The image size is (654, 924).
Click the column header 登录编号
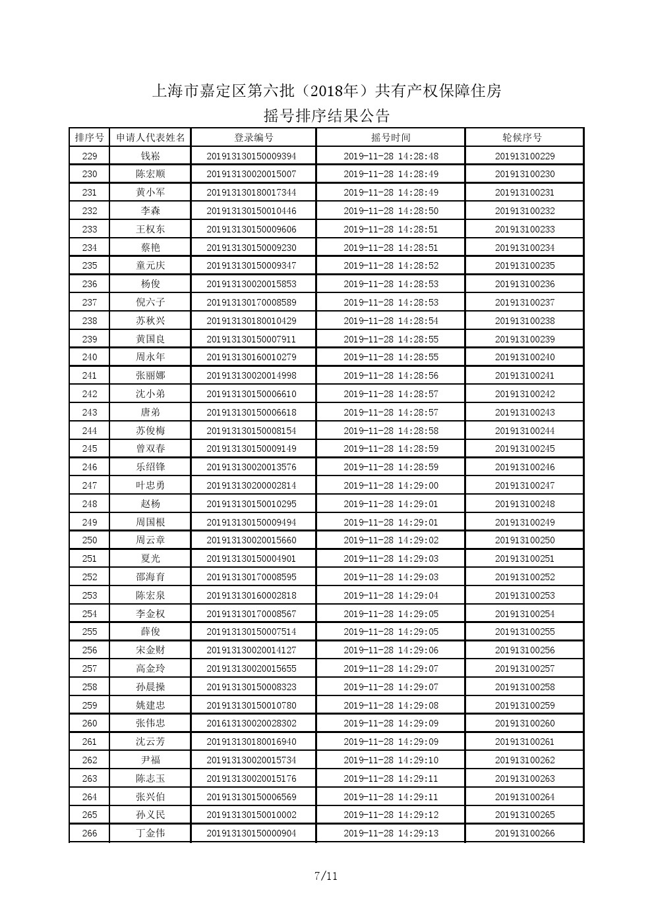pyautogui.click(x=254, y=138)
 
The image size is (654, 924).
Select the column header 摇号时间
pyautogui.click(x=390, y=138)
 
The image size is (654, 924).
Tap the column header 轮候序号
pyautogui.click(x=524, y=138)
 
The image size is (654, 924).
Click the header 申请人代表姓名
pyautogui.click(x=150, y=138)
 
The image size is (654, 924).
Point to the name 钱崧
pyautogui.click(x=150, y=156)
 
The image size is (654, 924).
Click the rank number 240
pyautogui.click(x=90, y=357)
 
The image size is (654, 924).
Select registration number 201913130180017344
pyautogui.click(x=251, y=192)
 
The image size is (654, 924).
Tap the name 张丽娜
pyautogui.click(x=150, y=375)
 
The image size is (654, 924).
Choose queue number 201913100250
pyautogui.click(x=524, y=540)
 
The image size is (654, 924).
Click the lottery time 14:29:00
pyautogui.click(x=391, y=485)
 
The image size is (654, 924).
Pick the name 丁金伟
pyautogui.click(x=150, y=833)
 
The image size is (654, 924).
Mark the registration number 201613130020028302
pyautogui.click(x=251, y=723)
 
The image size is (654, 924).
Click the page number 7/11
pyautogui.click(x=326, y=876)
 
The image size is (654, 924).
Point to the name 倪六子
pyautogui.click(x=150, y=302)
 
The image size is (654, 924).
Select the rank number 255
pyautogui.click(x=90, y=632)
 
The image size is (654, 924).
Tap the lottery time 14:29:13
pyautogui.click(x=391, y=833)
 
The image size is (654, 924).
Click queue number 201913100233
pyautogui.click(x=524, y=229)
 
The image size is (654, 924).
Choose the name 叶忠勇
pyautogui.click(x=150, y=485)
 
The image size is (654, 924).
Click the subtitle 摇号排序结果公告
pyautogui.click(x=326, y=116)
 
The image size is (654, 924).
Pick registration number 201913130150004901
pyautogui.click(x=251, y=558)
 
